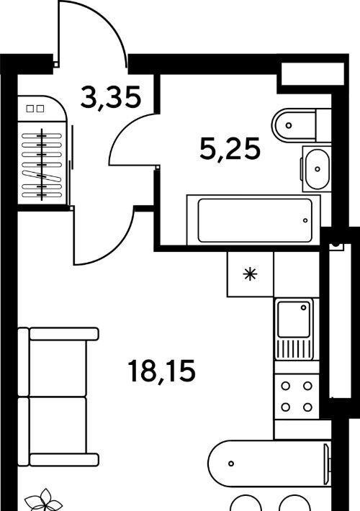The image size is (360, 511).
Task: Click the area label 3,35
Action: [111, 97]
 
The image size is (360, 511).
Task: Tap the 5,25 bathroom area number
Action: [230, 149]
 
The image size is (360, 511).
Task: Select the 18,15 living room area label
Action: [162, 371]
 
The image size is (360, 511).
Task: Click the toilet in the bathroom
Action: [301, 125]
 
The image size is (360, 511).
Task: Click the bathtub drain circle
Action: [305, 221]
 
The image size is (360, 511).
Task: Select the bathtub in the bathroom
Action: [253, 220]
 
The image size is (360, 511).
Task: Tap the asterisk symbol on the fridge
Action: [250, 274]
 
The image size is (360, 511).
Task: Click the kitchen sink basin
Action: [294, 319]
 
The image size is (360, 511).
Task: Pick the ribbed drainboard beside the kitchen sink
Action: [294, 348]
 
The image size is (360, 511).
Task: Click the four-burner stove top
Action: [297, 397]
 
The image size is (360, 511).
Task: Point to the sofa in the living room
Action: [58, 397]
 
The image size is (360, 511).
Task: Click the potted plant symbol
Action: [43, 500]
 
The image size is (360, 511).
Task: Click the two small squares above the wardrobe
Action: [35, 109]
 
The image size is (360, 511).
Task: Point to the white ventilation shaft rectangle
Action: [312, 73]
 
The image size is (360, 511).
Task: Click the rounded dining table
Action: [269, 463]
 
